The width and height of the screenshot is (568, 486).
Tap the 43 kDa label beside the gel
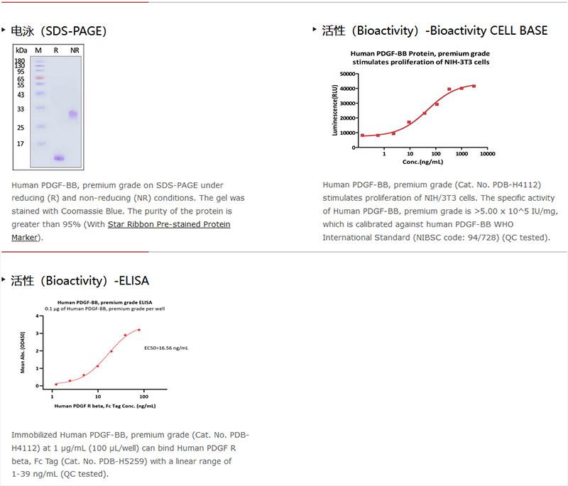(20, 94)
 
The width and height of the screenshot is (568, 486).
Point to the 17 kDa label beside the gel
(21, 144)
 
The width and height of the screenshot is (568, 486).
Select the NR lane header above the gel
(75, 50)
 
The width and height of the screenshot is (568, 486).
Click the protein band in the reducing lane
(60, 158)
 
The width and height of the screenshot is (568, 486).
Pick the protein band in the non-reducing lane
(73, 114)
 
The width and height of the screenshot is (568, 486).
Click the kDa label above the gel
(21, 50)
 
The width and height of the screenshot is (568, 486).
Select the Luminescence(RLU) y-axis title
(334, 110)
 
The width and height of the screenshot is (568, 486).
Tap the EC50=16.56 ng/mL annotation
(165, 348)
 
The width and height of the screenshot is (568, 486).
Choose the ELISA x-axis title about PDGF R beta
(105, 406)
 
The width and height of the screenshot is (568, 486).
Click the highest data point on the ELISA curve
(139, 329)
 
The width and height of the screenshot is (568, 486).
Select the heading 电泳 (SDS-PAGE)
(59, 31)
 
